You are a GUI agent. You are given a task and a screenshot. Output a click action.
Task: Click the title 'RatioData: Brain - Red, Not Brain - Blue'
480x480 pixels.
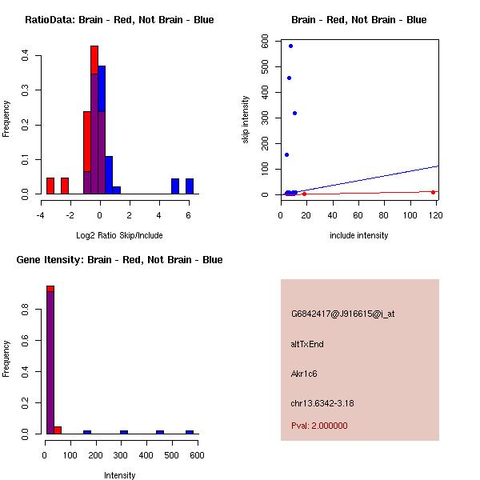point(119,19)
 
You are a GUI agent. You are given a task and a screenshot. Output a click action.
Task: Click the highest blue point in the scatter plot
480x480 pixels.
point(290,46)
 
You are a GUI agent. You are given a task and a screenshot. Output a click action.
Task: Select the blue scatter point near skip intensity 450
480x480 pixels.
point(289,78)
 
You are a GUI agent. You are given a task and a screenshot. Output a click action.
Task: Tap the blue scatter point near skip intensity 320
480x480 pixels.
point(294,113)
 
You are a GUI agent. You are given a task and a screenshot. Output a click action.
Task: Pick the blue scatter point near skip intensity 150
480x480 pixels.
point(286,154)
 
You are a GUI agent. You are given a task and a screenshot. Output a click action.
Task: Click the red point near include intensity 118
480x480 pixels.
point(433,192)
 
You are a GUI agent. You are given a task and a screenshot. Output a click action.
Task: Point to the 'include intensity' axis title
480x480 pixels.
point(359,235)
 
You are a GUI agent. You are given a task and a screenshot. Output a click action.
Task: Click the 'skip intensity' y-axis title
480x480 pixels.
point(246,120)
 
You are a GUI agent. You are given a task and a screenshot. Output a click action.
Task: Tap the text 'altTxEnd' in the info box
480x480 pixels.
point(307,344)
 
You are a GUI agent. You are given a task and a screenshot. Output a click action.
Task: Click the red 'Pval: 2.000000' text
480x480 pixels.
point(319,426)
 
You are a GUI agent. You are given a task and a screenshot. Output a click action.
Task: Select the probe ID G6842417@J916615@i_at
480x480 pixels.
point(342,314)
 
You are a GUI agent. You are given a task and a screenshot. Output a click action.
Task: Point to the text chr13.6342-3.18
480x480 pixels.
point(322,403)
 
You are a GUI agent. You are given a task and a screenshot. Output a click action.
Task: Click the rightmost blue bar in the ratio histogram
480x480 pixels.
point(190,186)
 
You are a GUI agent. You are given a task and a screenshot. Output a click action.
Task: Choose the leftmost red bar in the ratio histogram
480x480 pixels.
point(50,186)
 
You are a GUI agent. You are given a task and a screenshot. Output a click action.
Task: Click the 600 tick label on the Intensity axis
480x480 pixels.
point(197,454)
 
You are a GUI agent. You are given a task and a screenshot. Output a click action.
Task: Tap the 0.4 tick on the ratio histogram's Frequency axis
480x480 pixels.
point(26,56)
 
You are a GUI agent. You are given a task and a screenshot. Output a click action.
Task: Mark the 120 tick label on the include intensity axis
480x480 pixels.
point(437,214)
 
